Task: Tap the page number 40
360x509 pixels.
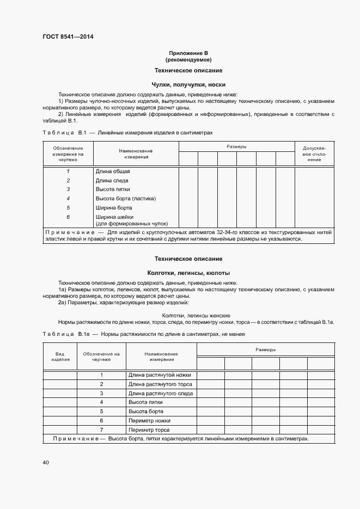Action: point(46,462)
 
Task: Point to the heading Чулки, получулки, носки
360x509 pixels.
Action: point(188,85)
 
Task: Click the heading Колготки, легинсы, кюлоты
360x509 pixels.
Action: point(188,273)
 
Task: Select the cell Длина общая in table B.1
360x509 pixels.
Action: point(113,171)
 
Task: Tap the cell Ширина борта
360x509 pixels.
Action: point(114,207)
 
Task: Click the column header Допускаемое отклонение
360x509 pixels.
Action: point(314,154)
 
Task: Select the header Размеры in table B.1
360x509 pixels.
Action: point(236,147)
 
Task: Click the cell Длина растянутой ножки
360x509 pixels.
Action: point(160,375)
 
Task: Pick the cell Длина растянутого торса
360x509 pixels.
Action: point(161,384)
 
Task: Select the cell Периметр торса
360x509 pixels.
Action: point(147,430)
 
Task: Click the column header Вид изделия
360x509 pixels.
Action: point(60,357)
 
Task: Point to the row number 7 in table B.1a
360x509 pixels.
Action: point(101,430)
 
